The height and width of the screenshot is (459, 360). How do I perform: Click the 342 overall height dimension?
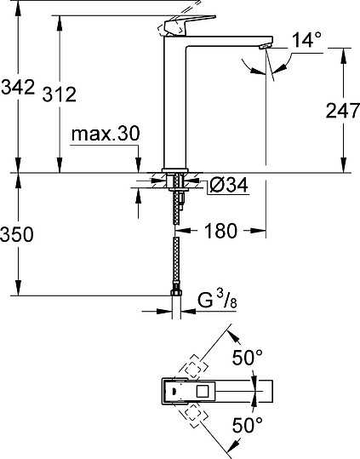click(18, 87)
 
